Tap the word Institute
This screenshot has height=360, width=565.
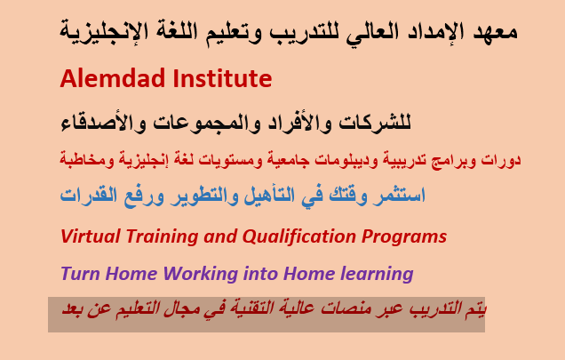[222, 78]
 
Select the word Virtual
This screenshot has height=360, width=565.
[91, 236]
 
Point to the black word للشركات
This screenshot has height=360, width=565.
[375, 123]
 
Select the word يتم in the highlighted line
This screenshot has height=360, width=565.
[475, 309]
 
